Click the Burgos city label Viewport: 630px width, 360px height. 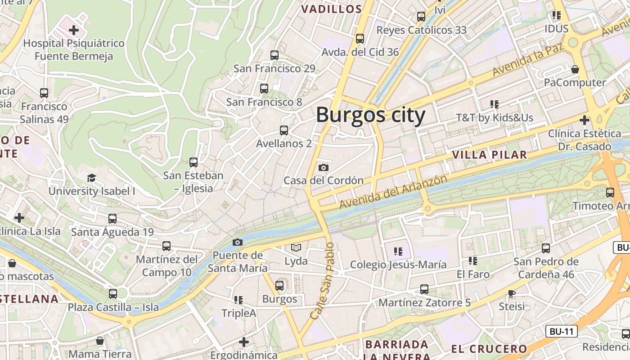tap(370, 115)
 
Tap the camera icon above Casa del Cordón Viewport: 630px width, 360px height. tap(323, 168)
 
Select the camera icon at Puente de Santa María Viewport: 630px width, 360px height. tap(238, 243)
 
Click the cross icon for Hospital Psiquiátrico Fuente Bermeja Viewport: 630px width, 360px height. tap(74, 31)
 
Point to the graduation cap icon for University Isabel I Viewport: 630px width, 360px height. tap(92, 178)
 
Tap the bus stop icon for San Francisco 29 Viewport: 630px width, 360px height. tap(274, 55)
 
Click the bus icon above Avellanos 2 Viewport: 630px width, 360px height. tap(283, 130)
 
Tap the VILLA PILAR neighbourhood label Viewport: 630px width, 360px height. tap(489, 155)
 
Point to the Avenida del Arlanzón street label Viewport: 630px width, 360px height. tap(393, 192)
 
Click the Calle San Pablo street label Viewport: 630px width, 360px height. tap(322, 281)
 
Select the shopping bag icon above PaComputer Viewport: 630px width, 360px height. tap(575, 69)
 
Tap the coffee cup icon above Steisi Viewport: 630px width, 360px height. tap(512, 293)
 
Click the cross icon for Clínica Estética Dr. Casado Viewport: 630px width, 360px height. tap(584, 121)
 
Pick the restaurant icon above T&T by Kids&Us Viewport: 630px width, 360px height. tap(495, 104)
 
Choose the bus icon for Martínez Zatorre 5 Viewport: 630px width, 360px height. tap(424, 289)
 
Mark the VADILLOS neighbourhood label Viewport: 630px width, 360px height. tap(331, 9)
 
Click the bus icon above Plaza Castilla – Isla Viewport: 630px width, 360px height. tap(113, 294)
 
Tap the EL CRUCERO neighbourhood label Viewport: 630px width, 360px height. tap(489, 349)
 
